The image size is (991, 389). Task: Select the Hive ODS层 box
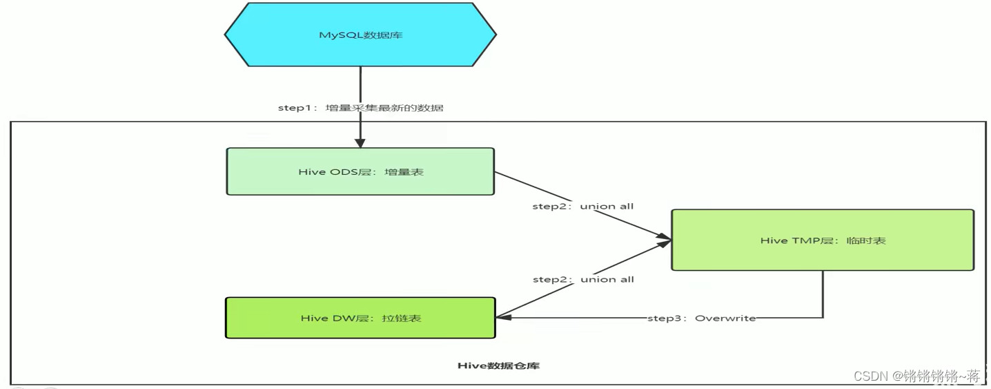(360, 171)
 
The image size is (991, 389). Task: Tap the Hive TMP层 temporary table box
(823, 240)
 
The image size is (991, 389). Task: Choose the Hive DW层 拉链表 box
(360, 318)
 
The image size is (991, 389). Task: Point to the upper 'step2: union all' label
(582, 206)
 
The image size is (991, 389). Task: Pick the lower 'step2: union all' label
(582, 279)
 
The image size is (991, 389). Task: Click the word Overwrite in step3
(725, 318)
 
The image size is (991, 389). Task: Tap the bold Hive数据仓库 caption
(498, 366)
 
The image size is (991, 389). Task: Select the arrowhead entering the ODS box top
(360, 142)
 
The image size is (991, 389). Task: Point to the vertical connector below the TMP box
(823, 294)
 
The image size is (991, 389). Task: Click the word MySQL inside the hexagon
(335, 34)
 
